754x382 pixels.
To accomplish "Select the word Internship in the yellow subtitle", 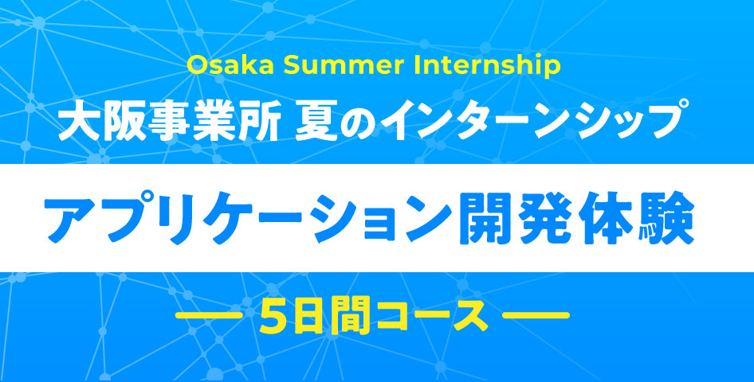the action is pos(485,66).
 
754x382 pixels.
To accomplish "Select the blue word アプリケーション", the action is pos(248,218).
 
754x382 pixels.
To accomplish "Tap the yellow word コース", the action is pos(433,316).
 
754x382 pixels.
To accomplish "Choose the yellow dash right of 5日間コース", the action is pos(536,315).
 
